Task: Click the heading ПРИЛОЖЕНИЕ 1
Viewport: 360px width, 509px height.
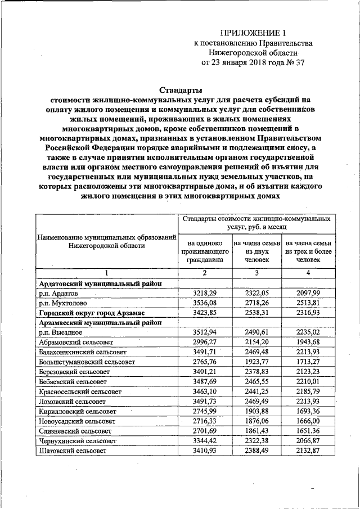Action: point(248,33)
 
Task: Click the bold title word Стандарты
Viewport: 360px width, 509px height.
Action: point(180,89)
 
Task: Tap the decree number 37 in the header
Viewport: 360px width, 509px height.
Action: point(298,63)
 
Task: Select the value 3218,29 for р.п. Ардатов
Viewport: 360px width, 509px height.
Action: point(205,294)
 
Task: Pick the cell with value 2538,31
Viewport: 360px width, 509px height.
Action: point(256,313)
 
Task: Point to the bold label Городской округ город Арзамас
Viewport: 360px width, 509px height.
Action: point(92,313)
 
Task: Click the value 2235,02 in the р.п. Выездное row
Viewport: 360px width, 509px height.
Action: point(308,332)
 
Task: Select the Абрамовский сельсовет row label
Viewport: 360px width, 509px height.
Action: point(75,342)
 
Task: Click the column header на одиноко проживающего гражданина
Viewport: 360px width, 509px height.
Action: point(205,251)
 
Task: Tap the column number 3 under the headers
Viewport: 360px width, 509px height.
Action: point(256,273)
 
